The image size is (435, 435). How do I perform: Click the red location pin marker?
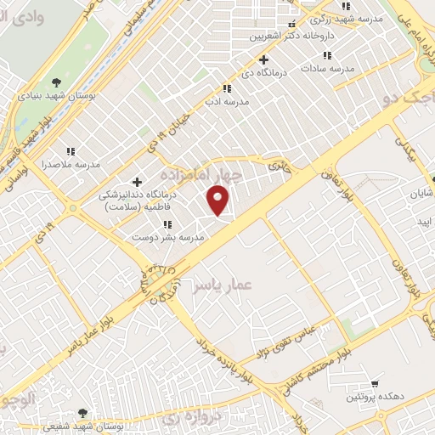pyautogui.click(x=219, y=201)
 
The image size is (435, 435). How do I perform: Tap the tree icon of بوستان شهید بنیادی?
pyautogui.click(x=57, y=82)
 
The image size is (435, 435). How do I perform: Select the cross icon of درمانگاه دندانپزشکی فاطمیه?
pyautogui.click(x=137, y=182)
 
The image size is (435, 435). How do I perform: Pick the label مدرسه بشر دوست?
pyautogui.click(x=172, y=239)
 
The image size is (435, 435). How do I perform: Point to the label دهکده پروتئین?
pyautogui.click(x=368, y=398)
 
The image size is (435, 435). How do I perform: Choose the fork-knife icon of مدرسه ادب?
pyautogui.click(x=227, y=88)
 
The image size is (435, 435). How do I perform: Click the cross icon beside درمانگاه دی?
pyautogui.click(x=264, y=60)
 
